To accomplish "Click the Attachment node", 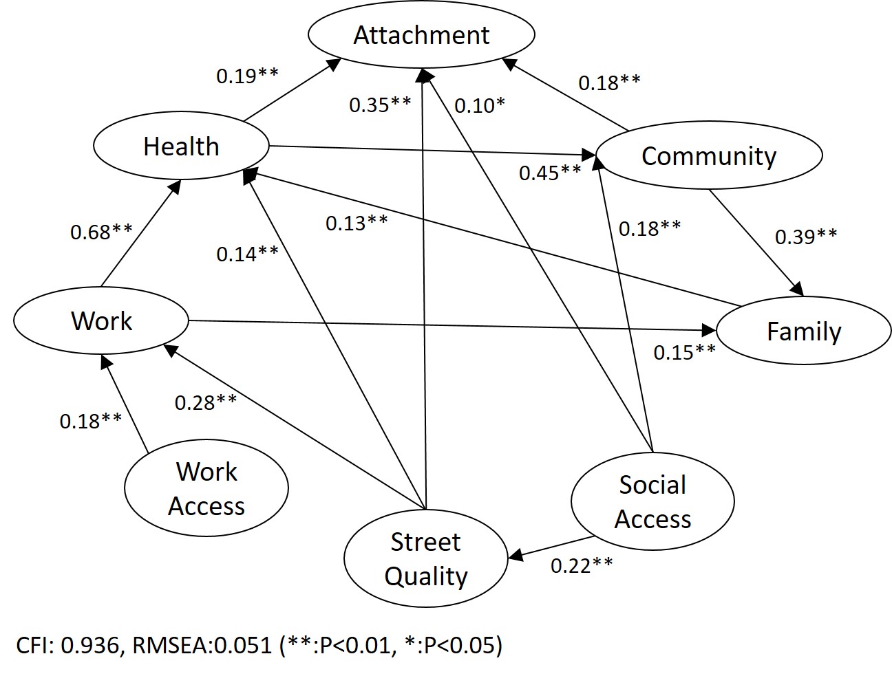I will coord(421,35).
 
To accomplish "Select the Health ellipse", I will coord(181,146).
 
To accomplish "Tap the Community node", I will coord(709,156).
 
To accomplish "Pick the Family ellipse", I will coord(804,331).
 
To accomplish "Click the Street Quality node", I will coord(425,558).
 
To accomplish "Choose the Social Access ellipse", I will coord(652,502).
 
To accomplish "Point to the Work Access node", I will coord(206,488).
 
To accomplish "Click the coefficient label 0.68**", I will coord(101,232).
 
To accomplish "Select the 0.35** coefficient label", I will coord(380,105).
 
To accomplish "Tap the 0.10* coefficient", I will coord(480,105).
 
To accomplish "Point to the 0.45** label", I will coord(550,173).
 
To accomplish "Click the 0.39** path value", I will coord(806,237).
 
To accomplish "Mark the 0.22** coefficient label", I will coord(582,566).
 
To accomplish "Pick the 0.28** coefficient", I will coord(206,402).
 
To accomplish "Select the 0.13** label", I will coord(357,223).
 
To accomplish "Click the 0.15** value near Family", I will coord(685,352).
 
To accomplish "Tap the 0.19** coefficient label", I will coord(247,76).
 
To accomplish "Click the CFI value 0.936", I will coord(89,646).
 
